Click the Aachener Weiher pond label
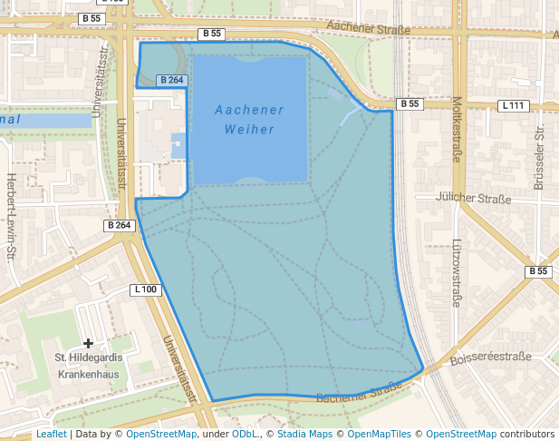(249, 120)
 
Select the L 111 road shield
(513, 106)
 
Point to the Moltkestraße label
(458, 129)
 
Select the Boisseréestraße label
(490, 358)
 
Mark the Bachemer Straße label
(360, 393)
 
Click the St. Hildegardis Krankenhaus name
(90, 366)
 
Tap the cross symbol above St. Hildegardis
(88, 343)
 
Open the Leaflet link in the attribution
(51, 435)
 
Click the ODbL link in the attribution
(244, 435)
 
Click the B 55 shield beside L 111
(410, 103)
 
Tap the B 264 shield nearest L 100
(119, 225)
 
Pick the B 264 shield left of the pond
(171, 80)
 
